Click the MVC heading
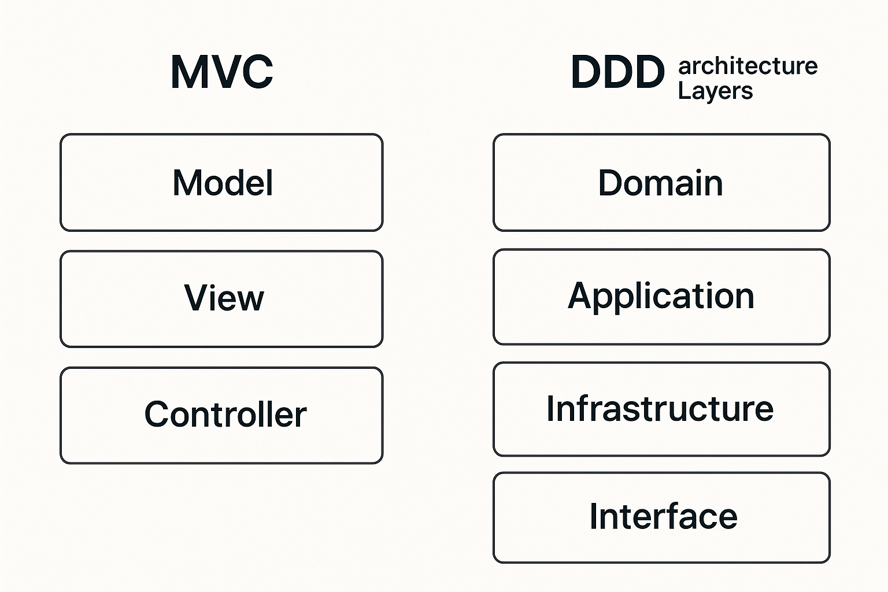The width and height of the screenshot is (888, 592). [x=222, y=72]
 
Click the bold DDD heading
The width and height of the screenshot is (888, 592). [x=617, y=73]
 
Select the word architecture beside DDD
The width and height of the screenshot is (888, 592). [x=748, y=66]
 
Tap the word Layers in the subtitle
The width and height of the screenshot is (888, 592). [x=715, y=91]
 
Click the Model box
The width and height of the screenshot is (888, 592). [x=221, y=183]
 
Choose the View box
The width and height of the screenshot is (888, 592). [x=221, y=299]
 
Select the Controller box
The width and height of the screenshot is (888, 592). [x=221, y=415]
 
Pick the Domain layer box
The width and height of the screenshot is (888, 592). [x=661, y=183]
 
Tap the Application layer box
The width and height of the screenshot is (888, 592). [x=661, y=297]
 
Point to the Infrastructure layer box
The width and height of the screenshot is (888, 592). [x=661, y=409]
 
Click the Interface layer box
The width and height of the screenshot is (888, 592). [x=661, y=517]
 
